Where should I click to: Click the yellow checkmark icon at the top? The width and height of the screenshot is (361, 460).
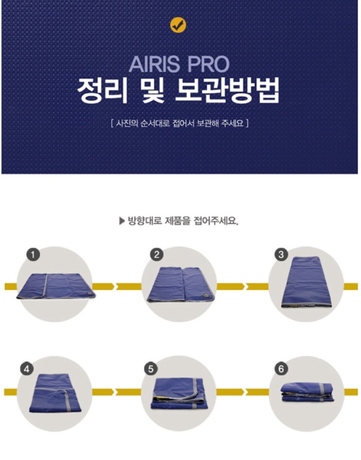(178, 25)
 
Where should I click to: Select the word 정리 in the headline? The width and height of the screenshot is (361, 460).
(102, 91)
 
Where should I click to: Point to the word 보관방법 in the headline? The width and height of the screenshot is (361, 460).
(226, 91)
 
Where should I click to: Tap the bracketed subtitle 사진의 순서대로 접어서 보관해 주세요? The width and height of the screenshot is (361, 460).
(180, 123)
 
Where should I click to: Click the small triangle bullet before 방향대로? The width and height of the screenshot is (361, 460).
(122, 221)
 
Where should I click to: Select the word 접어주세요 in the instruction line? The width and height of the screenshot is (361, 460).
(216, 221)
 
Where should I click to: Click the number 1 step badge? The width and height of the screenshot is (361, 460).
(33, 255)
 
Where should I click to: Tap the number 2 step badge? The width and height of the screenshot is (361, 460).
(157, 255)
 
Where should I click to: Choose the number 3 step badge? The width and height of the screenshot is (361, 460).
(281, 255)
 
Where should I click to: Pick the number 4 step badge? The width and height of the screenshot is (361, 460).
(27, 369)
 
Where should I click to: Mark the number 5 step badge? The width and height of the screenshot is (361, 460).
(151, 369)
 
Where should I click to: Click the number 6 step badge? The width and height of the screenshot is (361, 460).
(281, 369)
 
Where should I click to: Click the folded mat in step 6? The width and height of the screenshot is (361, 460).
(307, 392)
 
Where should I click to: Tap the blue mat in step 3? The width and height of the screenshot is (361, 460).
(307, 282)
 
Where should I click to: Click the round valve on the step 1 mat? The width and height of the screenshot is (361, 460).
(88, 295)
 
